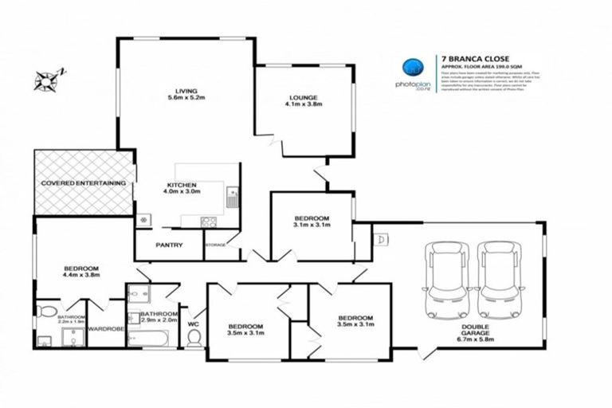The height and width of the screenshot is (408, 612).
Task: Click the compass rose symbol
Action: point(47,78)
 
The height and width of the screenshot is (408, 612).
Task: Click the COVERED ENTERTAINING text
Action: point(83,184)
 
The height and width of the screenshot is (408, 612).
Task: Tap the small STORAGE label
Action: point(216,245)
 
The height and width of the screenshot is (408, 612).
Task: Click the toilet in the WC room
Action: point(193,339)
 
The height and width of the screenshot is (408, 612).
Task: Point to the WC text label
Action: point(192,324)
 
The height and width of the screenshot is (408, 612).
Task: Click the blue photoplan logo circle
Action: point(412,68)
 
